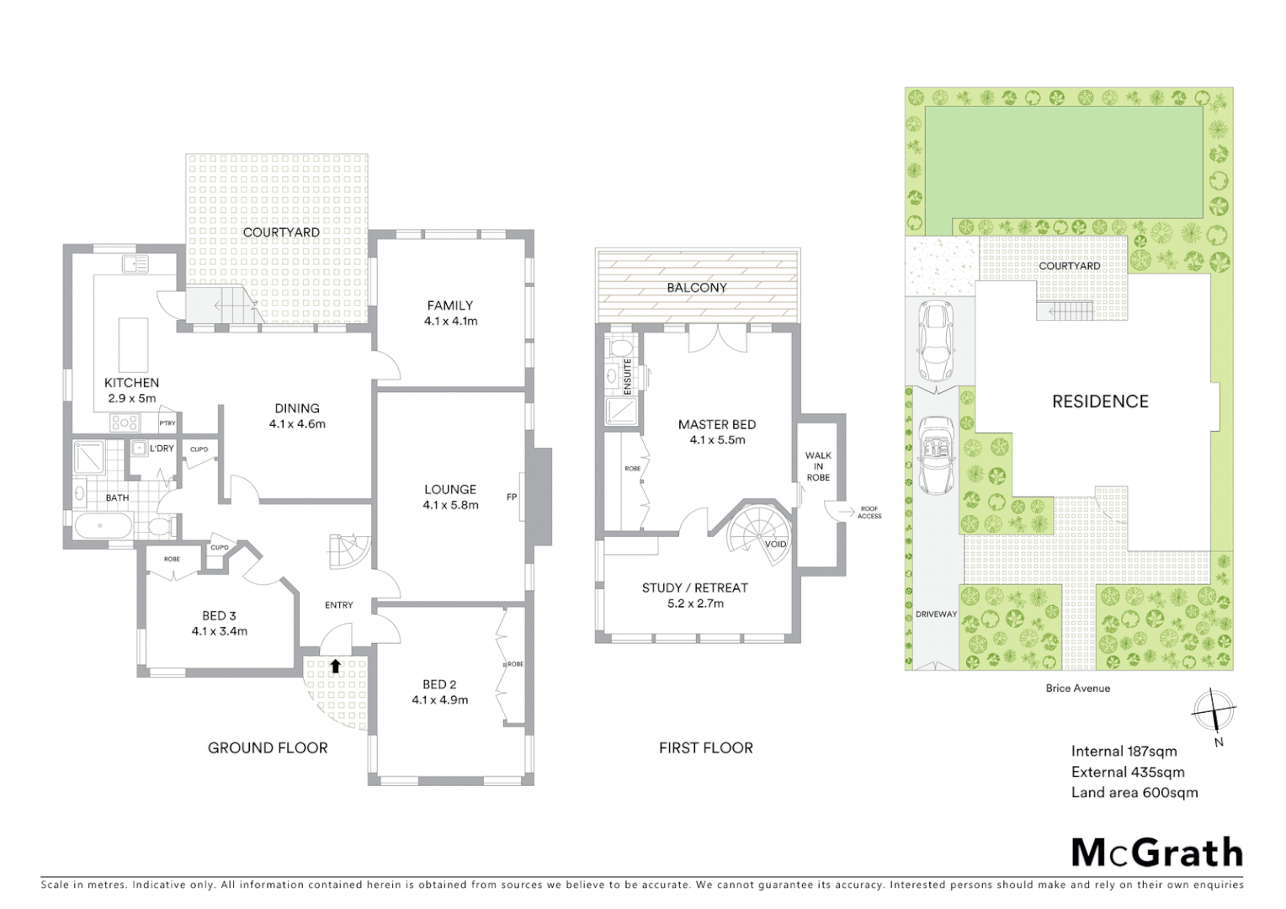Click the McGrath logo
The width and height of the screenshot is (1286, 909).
tap(1156, 853)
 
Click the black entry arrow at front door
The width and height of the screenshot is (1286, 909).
tap(335, 666)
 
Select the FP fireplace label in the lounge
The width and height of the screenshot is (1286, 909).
tap(511, 497)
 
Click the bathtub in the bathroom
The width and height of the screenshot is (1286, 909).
tap(103, 526)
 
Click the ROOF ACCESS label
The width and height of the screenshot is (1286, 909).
tap(869, 512)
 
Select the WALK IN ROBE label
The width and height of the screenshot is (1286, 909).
tap(817, 466)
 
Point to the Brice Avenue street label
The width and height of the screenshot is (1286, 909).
tap(1077, 688)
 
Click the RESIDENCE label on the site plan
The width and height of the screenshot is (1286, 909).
tap(1100, 401)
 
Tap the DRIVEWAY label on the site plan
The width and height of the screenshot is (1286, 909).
tap(936, 614)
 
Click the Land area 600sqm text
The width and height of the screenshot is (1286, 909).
tap(1134, 792)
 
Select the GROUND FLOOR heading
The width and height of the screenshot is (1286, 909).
tap(268, 747)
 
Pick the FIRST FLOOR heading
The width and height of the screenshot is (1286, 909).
tap(705, 747)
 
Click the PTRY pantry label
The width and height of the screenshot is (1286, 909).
tap(167, 423)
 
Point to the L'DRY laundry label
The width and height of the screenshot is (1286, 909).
tap(162, 449)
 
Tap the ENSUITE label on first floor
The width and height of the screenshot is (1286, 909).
tap(627, 375)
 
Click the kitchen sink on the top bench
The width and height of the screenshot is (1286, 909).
tap(135, 264)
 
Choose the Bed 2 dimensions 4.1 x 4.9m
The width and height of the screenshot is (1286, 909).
tap(439, 699)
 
